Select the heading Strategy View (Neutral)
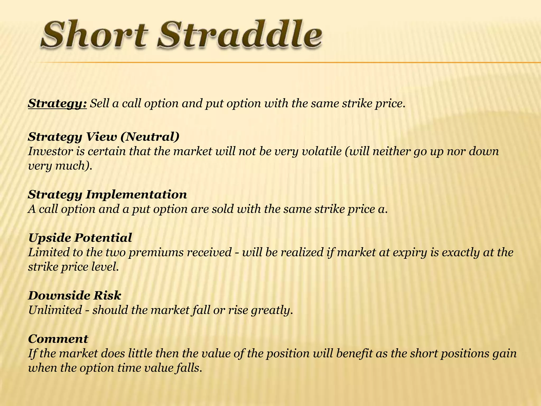point(104,137)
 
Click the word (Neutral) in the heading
point(151,137)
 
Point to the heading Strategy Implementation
point(107,195)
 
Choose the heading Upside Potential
point(80,238)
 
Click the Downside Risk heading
point(74,295)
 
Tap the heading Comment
point(58,339)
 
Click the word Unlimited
point(55,310)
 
